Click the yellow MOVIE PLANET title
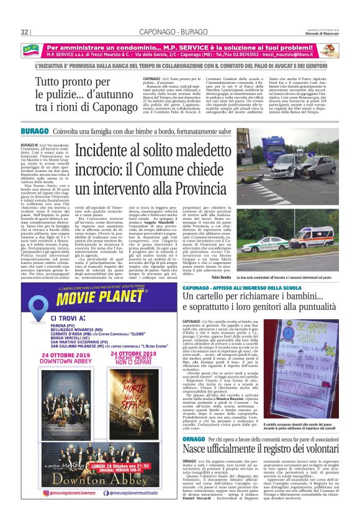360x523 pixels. pyautogui.click(x=96, y=292)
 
